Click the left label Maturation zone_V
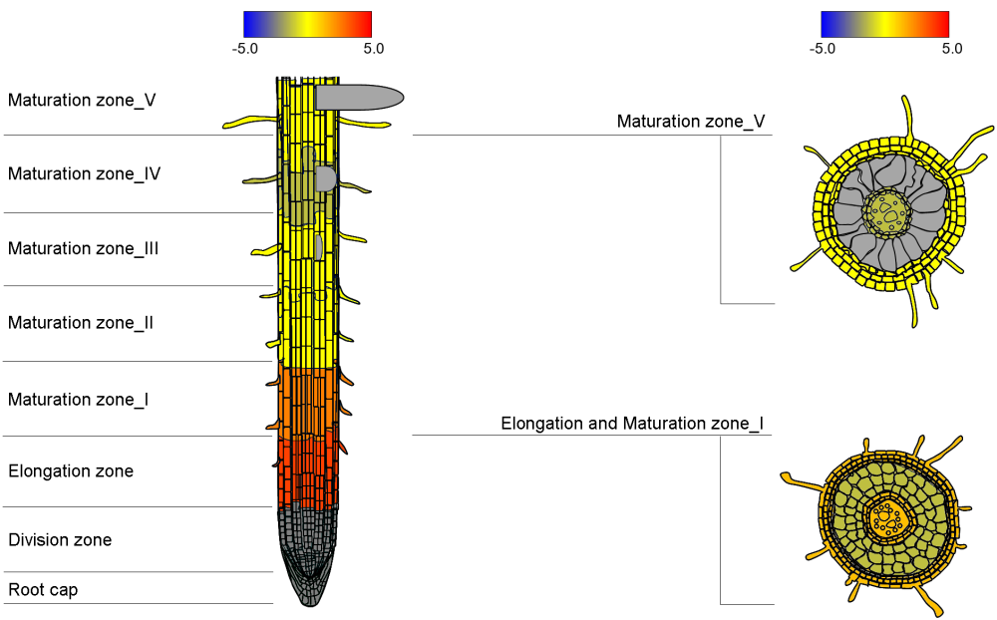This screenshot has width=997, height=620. (x=82, y=101)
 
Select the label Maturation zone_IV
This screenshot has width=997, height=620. (x=85, y=174)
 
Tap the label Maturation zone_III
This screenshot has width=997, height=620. (x=84, y=249)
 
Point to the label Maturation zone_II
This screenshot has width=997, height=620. (x=81, y=323)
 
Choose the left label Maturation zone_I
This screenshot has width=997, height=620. (x=79, y=400)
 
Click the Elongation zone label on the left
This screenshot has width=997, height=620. (x=71, y=471)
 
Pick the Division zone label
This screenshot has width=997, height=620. (x=60, y=540)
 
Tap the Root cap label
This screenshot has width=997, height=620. (x=43, y=590)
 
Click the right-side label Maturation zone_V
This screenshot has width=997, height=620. (x=691, y=122)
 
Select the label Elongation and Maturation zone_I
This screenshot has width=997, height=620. (x=632, y=424)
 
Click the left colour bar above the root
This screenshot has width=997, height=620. (x=307, y=24)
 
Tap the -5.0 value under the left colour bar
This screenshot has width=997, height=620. (x=244, y=48)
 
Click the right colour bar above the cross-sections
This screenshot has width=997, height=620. (x=884, y=24)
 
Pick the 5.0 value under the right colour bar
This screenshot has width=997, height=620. (x=951, y=48)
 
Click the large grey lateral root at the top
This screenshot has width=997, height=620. (x=359, y=97)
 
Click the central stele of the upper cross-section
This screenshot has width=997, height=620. (x=886, y=210)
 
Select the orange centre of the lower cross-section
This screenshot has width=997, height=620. (x=885, y=517)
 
